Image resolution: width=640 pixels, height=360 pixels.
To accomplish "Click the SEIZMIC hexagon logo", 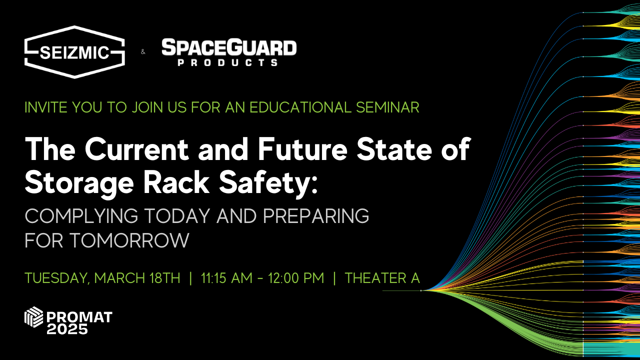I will (x=74, y=52).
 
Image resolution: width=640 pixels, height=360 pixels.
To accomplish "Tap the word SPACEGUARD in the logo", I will (x=229, y=48).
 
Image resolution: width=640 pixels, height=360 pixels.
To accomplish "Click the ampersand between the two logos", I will (x=143, y=52).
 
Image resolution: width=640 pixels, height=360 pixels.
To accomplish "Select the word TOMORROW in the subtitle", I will (x=129, y=240).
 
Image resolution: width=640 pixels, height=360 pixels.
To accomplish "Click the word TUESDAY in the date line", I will (x=56, y=278).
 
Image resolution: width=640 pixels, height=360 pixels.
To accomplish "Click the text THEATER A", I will (x=382, y=278).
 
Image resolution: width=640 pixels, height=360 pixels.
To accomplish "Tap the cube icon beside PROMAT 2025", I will (x=34, y=317).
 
